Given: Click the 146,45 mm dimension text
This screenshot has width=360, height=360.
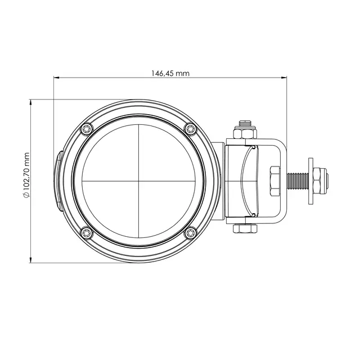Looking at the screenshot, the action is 170,74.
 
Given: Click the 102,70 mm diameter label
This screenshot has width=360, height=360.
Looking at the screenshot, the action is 26,174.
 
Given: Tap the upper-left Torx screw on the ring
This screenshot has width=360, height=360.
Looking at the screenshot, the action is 87,129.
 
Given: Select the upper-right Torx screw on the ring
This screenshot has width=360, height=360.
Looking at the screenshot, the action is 191,129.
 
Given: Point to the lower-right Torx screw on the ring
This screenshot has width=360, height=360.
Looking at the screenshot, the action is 191,233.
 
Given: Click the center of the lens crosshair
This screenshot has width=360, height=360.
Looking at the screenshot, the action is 139,181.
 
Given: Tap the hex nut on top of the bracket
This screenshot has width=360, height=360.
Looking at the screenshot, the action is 245,133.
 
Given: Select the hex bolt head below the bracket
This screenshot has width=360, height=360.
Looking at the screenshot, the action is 245,229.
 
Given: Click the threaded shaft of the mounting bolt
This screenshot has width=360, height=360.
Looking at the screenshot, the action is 298,181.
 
